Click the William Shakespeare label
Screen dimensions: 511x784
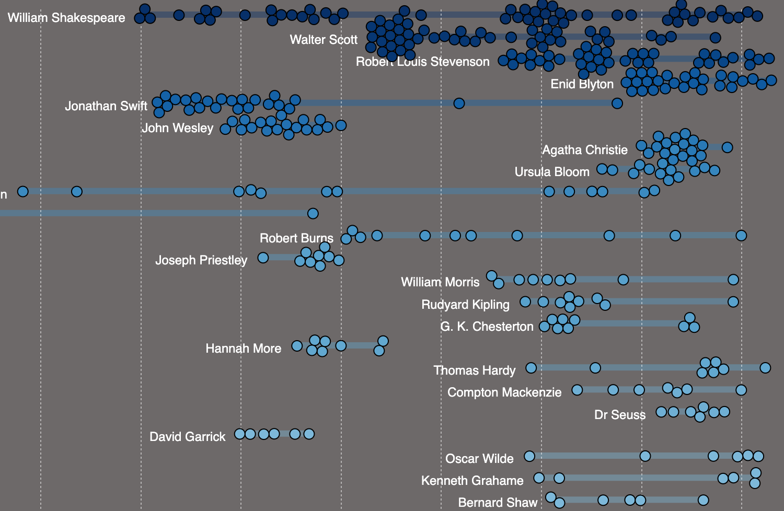point(66,18)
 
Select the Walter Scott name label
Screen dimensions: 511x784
point(324,40)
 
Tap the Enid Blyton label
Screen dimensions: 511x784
point(582,84)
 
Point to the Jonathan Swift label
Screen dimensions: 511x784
point(106,106)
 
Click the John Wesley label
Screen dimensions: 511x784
point(178,128)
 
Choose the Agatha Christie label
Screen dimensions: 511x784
point(585,150)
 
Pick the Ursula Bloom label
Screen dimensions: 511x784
point(552,172)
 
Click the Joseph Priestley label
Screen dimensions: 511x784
point(201,260)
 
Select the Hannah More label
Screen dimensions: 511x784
point(243,349)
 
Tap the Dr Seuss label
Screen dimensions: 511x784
point(620,415)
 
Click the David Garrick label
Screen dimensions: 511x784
point(187,437)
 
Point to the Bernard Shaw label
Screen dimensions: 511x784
point(498,503)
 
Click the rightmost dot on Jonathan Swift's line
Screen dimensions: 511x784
point(617,103)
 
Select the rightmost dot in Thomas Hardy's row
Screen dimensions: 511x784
point(765,368)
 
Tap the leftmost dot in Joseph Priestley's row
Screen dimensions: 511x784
point(263,258)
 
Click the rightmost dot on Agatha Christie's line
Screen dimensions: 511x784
point(727,147)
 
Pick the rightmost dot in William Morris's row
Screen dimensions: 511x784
point(733,280)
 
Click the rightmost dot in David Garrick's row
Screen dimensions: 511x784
point(309,434)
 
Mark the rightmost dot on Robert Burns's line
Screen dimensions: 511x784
point(741,236)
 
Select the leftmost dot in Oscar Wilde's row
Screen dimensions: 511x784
point(529,456)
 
